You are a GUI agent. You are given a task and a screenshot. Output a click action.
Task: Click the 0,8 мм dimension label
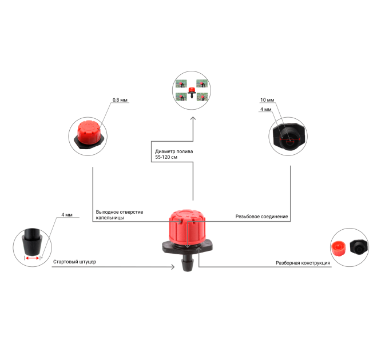tap(120, 100)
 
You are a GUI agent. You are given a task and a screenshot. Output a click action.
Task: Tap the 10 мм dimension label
tap(267, 100)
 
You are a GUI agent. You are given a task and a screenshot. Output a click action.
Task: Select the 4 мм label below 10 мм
tap(265, 109)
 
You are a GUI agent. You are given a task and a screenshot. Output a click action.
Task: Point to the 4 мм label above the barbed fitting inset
tap(67, 214)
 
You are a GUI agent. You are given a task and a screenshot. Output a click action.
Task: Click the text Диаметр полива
tap(174, 151)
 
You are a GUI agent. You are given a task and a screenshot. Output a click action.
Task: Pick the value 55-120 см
tap(166, 157)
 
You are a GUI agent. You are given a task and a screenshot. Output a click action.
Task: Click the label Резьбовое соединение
tap(261, 217)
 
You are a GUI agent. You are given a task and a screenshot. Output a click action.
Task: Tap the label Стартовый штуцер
tap(74, 262)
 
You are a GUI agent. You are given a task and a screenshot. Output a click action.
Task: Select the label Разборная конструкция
tap(303, 263)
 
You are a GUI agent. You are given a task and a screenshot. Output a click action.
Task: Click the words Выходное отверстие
tap(120, 212)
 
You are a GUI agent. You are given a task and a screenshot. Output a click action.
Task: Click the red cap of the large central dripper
tap(187, 226)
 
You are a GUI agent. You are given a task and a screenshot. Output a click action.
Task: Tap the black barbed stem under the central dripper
tap(188, 263)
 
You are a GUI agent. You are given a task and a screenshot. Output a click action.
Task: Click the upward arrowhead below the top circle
tap(193, 119)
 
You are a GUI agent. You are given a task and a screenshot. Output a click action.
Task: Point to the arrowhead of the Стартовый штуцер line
tap(173, 267)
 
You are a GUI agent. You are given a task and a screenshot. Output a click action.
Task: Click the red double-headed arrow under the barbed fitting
tap(32, 258)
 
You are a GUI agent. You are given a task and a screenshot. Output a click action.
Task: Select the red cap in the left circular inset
tap(88, 133)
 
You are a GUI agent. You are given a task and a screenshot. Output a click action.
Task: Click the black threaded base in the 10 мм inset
tap(288, 136)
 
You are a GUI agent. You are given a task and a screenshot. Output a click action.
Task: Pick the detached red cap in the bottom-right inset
tap(339, 248)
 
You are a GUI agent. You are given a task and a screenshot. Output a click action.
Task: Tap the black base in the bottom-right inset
tap(359, 247)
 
